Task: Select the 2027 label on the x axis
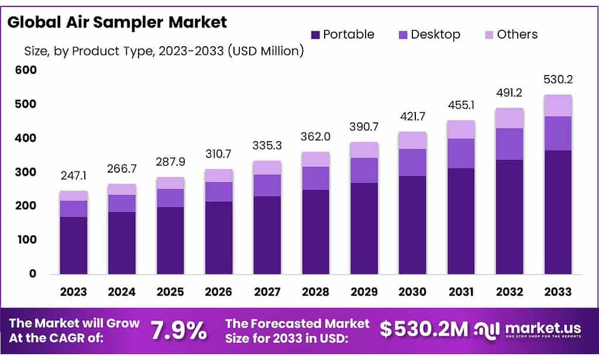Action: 267,292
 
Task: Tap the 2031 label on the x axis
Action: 461,292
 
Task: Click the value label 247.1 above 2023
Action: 73,176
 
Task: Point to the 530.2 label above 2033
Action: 557,80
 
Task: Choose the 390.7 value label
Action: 364,127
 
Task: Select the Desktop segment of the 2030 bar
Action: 412,162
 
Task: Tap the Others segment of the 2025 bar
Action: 170,183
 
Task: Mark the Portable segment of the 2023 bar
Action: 73,245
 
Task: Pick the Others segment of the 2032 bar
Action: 509,118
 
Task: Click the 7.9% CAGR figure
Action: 179,331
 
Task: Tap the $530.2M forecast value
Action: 424,330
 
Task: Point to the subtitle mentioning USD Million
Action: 163,51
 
